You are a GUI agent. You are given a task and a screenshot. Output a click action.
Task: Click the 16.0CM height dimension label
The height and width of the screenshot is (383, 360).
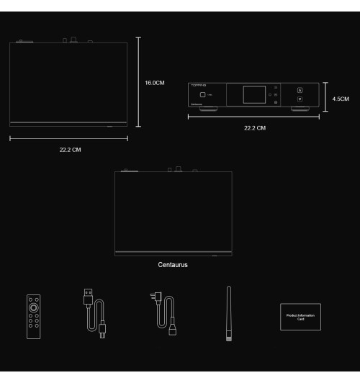155,83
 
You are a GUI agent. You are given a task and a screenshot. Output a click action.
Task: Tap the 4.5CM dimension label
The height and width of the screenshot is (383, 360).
341,99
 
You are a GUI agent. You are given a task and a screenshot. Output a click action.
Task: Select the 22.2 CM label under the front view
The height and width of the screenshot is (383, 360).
255,128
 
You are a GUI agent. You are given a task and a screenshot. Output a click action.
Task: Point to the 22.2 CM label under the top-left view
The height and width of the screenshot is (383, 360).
70,150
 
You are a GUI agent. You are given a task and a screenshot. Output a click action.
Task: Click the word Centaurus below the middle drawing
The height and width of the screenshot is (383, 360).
174,264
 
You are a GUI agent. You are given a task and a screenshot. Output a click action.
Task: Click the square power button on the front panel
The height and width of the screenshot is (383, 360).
204,95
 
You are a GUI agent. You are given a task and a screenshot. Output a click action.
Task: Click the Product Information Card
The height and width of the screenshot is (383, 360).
300,317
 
